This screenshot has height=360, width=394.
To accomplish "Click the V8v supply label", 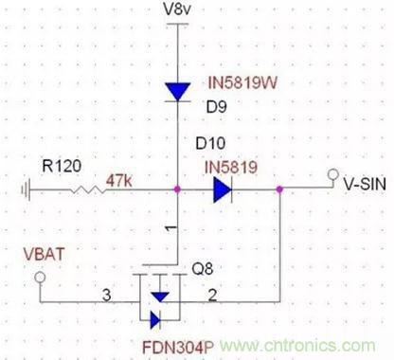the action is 177,9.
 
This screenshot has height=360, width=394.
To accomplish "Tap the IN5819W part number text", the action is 242,83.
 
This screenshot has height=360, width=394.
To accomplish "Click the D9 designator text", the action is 217,107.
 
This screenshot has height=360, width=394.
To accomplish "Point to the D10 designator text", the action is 210,143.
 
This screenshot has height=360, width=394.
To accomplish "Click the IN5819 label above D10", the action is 231,167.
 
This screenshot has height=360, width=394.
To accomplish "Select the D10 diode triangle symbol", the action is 223,189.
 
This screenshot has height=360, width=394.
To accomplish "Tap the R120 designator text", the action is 62,166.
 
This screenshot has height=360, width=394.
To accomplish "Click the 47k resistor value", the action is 119,181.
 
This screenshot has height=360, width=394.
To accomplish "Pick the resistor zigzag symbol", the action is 88,189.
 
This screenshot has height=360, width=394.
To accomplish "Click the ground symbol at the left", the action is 26,189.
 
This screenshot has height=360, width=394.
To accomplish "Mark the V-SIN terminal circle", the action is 333,174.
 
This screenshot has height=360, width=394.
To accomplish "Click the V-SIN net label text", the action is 365,184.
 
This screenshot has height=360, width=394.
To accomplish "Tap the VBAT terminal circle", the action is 40,278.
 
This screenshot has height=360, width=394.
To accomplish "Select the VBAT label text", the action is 45,254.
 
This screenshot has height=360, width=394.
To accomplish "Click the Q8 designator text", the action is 203,269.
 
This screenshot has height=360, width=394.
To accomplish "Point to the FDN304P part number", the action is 178,348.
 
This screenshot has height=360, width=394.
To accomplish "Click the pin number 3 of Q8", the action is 107,296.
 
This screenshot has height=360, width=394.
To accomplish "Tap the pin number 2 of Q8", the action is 212,296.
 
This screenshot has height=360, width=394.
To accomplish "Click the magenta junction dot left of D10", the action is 177,189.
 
